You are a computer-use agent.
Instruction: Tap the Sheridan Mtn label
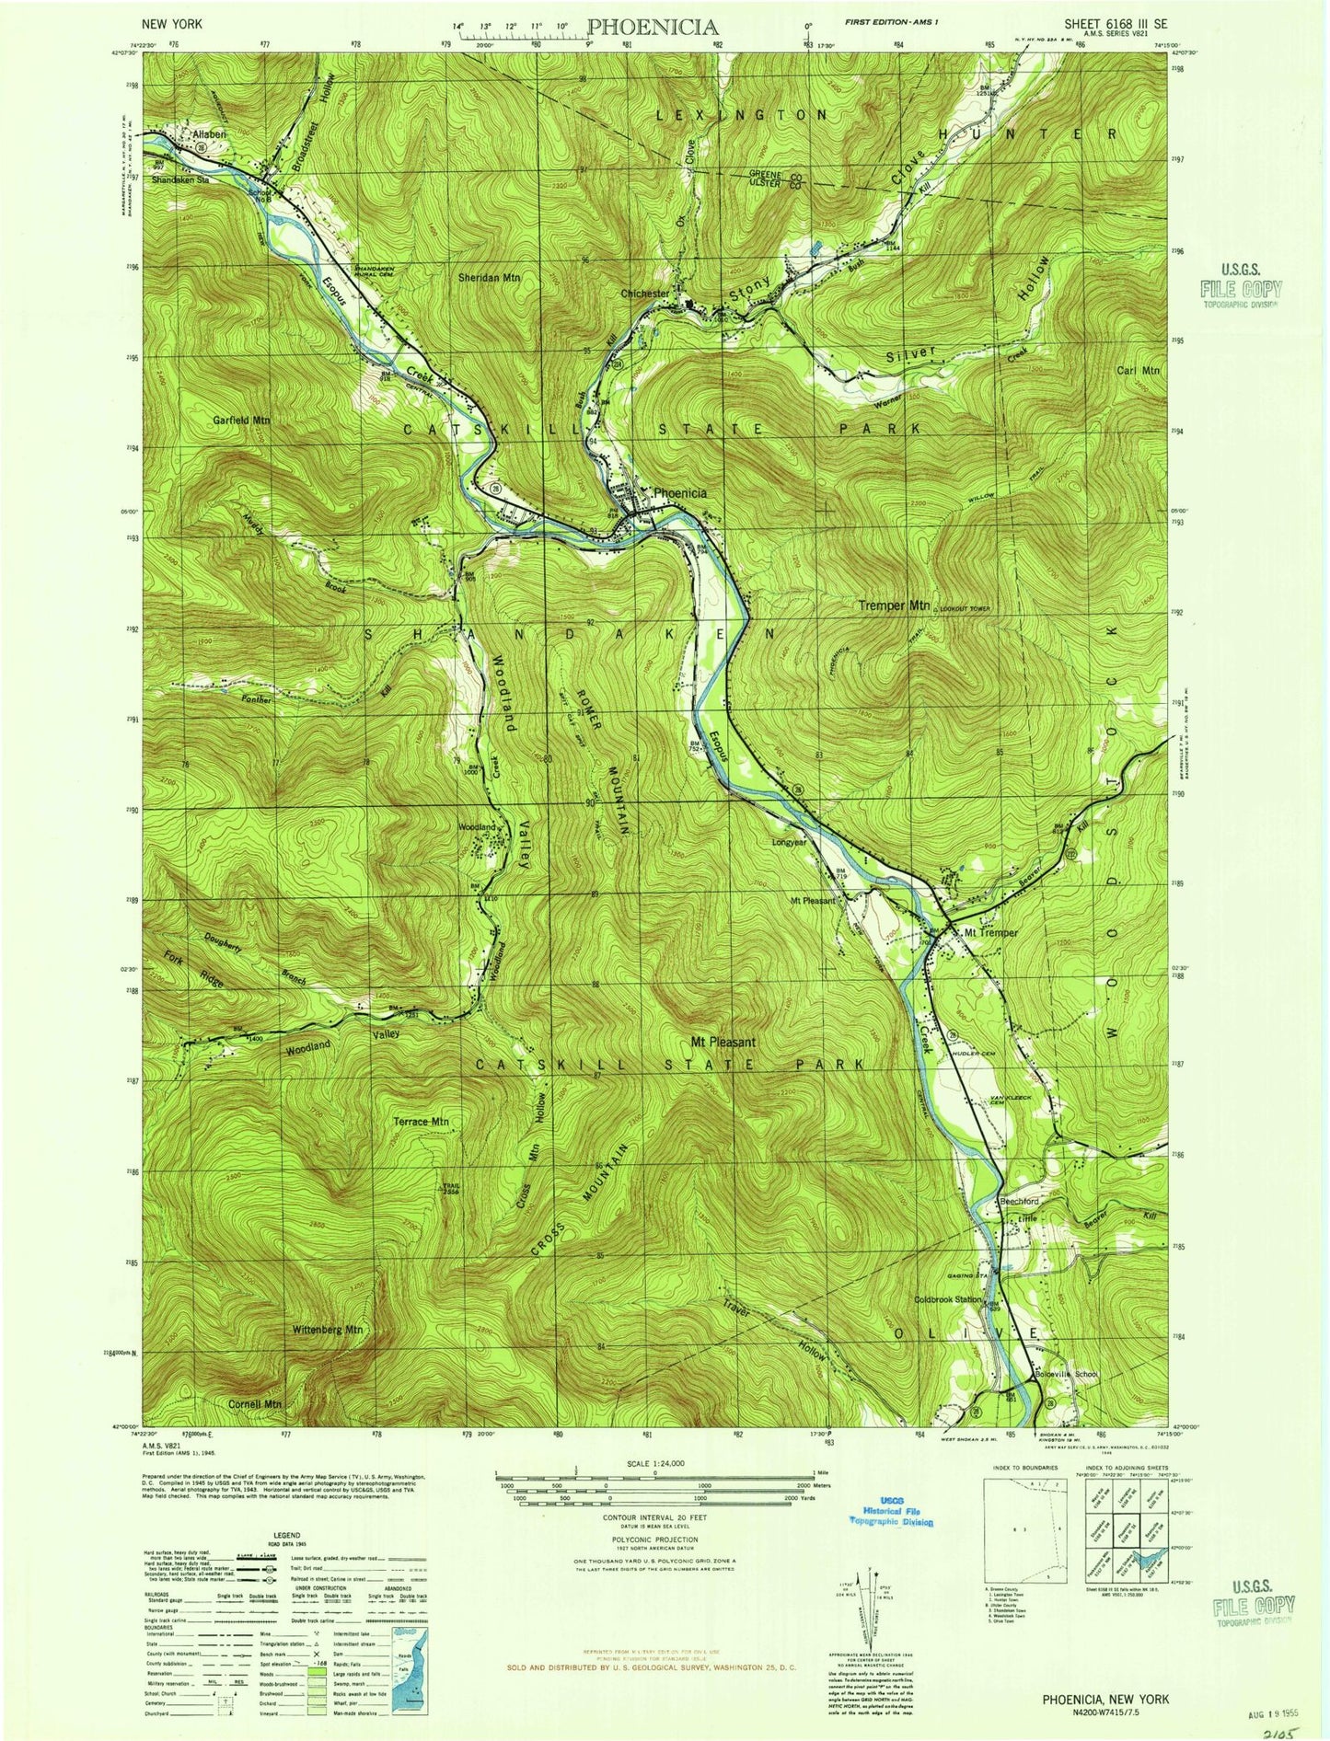pos(490,277)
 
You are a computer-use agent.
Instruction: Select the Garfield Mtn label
pos(242,420)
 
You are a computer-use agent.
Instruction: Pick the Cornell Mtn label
pos(254,1404)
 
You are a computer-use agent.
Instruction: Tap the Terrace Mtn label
pos(421,1121)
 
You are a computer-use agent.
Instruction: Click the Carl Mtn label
pos(1139,370)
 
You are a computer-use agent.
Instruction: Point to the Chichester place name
pos(645,294)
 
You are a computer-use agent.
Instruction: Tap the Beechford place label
pos(1019,1201)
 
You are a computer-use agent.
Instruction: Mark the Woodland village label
pos(477,827)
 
